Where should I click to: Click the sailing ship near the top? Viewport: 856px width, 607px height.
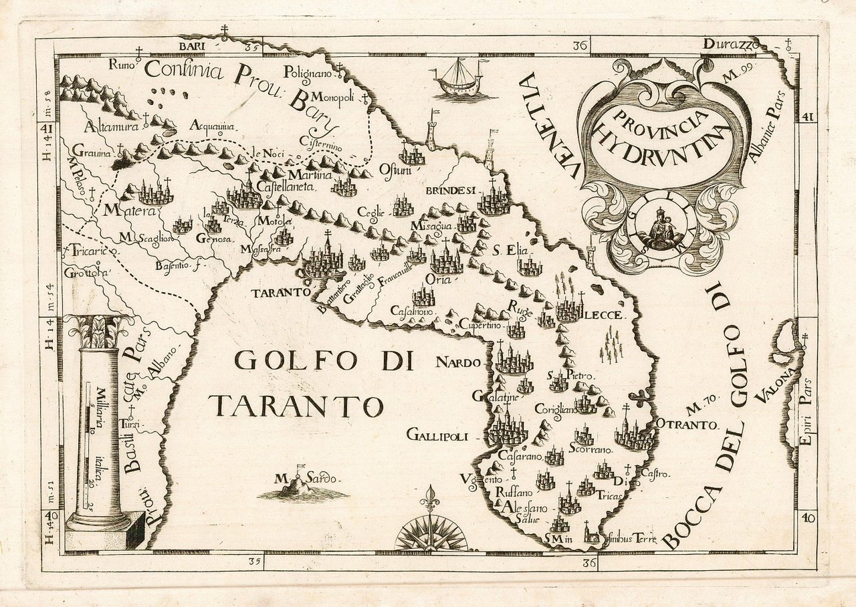(x=459, y=79)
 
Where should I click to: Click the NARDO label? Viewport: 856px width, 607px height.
(x=458, y=363)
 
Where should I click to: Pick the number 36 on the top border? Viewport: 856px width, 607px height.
(x=580, y=46)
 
